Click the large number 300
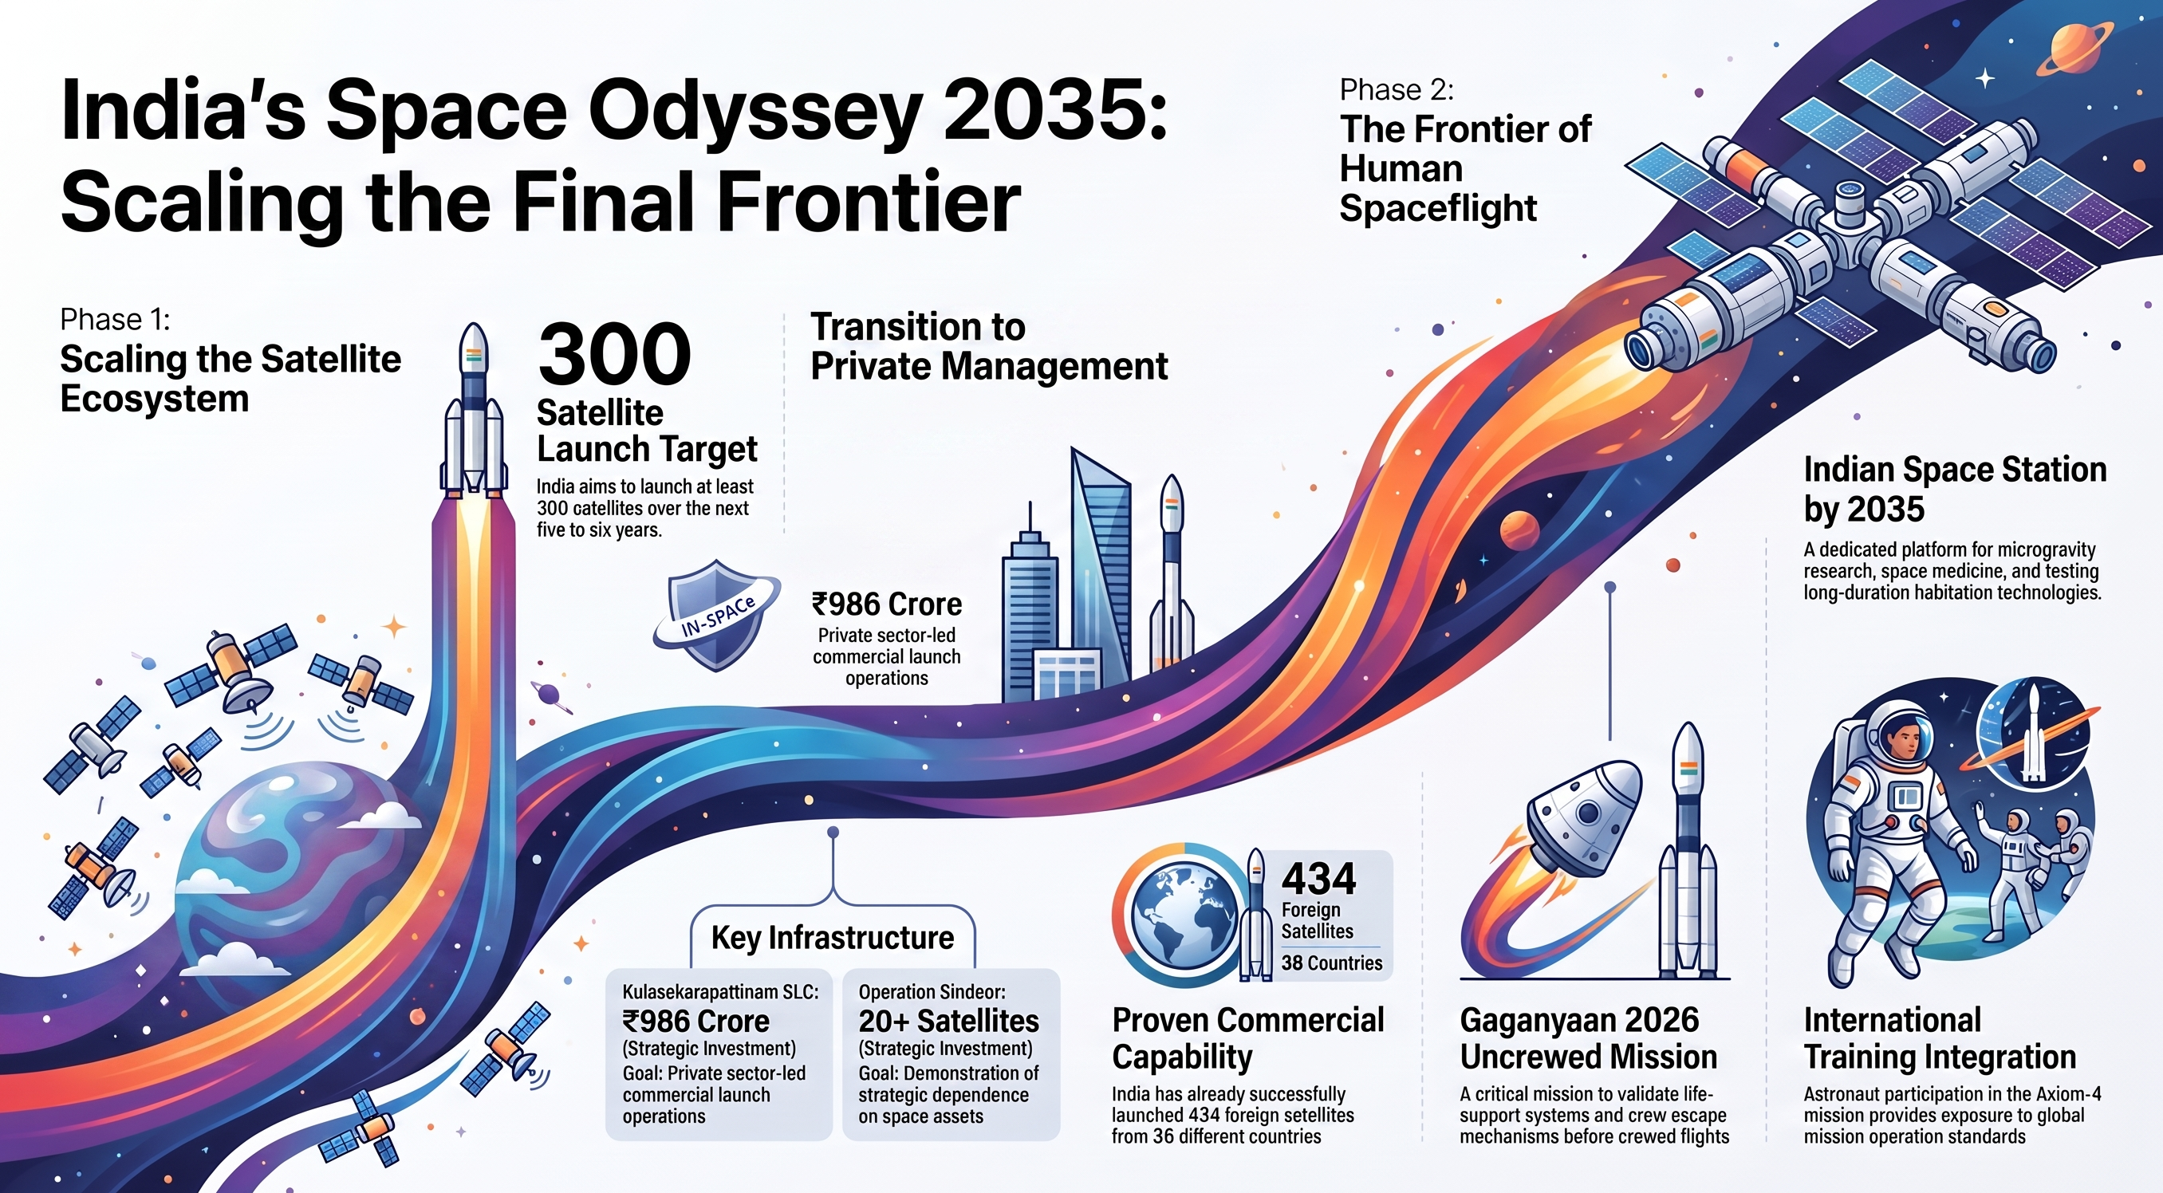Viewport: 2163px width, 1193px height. coord(615,353)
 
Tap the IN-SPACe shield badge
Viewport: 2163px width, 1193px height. coord(716,616)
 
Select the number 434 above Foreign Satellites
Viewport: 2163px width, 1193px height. coord(1318,879)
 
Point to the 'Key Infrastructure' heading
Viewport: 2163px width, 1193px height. coord(832,937)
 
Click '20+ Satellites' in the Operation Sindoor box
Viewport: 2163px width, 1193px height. coord(949,1021)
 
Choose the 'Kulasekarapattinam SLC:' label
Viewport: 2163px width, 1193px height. coord(720,991)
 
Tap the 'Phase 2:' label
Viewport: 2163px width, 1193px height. coord(1397,89)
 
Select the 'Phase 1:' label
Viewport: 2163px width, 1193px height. coord(115,319)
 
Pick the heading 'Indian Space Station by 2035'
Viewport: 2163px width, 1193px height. coord(1955,489)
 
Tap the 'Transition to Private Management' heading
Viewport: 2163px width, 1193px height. coord(988,347)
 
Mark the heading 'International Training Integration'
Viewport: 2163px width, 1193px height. coord(1940,1038)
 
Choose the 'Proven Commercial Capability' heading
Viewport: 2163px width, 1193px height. coord(1247,1038)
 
